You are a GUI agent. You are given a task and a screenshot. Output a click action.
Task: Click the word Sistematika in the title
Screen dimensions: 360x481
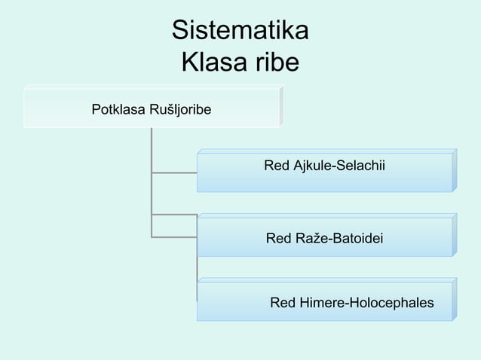240,31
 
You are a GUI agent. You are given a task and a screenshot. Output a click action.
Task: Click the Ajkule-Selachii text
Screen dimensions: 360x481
337,165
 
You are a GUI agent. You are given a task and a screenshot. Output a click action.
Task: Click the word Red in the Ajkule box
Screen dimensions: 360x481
276,165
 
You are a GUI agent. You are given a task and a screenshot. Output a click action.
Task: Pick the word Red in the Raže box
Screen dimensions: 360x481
278,239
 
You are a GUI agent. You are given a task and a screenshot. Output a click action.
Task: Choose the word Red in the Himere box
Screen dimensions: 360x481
282,304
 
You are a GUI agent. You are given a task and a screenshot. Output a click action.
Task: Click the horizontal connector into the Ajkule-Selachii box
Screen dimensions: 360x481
173,172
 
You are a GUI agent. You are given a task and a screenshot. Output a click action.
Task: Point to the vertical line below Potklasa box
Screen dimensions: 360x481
152,151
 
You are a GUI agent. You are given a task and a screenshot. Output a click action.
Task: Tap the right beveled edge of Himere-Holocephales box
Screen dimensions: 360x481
455,299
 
